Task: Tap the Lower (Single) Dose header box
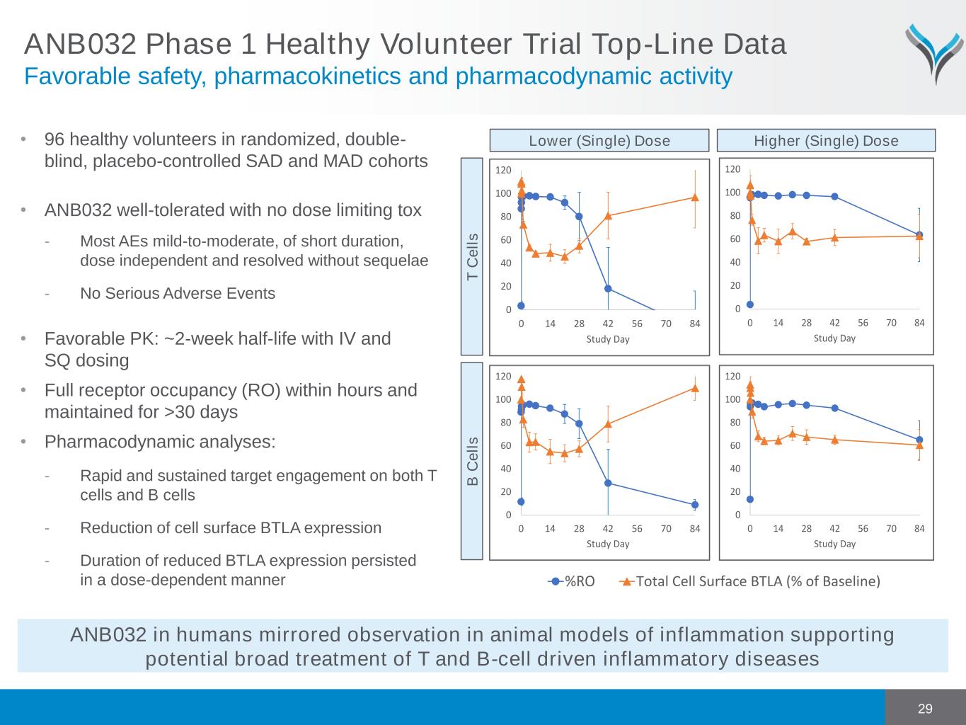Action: [x=599, y=140]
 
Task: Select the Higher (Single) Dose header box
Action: [x=826, y=140]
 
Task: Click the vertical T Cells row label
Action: [x=473, y=256]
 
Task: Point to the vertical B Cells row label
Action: [x=473, y=461]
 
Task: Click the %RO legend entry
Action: [x=572, y=581]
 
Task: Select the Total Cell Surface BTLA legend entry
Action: [x=750, y=581]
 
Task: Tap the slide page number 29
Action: [x=925, y=709]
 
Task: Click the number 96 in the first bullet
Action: [x=55, y=139]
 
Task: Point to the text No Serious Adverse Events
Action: [x=178, y=293]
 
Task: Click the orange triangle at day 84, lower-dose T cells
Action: [x=695, y=198]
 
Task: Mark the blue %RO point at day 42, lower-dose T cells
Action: [x=608, y=288]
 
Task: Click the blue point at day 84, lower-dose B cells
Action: [x=695, y=505]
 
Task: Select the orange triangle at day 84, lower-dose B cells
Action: [x=695, y=388]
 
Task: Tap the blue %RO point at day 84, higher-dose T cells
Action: [x=919, y=235]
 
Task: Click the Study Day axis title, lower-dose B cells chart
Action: [x=607, y=544]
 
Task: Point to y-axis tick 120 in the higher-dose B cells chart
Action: [x=732, y=377]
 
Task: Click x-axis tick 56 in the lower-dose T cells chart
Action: [x=637, y=324]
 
